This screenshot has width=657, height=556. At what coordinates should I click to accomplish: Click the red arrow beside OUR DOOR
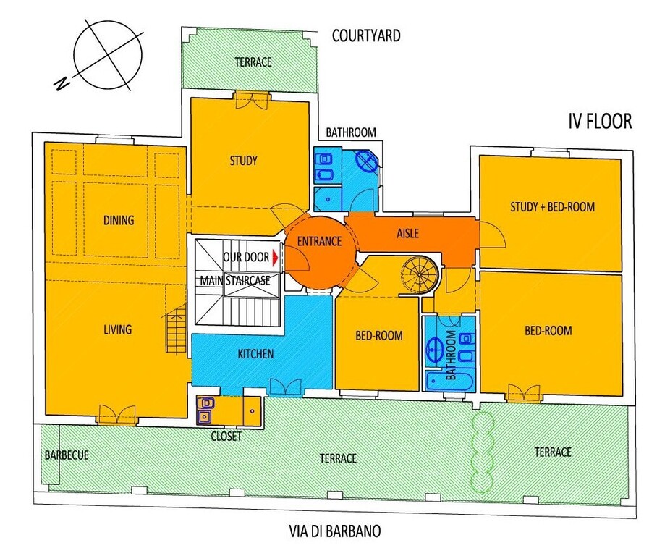pyautogui.click(x=275, y=258)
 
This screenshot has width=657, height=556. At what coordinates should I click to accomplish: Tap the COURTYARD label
pyautogui.click(x=366, y=35)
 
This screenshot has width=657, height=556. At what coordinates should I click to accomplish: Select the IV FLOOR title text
pyautogui.click(x=600, y=122)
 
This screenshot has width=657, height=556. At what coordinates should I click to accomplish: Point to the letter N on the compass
pyautogui.click(x=62, y=83)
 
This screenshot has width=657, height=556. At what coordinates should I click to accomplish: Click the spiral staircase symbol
pyautogui.click(x=420, y=274)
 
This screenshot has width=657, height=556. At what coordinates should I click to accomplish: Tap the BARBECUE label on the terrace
pyautogui.click(x=67, y=455)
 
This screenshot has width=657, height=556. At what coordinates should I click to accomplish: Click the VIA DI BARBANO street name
pyautogui.click(x=335, y=531)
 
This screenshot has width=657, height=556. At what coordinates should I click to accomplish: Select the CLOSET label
pyautogui.click(x=226, y=437)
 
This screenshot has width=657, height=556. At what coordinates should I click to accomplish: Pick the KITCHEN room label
pyautogui.click(x=255, y=354)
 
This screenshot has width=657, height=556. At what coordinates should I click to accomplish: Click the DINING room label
pyautogui.click(x=119, y=220)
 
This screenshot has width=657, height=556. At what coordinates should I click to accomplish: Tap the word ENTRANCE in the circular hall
pyautogui.click(x=320, y=241)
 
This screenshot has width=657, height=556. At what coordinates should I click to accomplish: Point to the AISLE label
pyautogui.click(x=407, y=233)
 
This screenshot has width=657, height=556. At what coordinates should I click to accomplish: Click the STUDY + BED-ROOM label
pyautogui.click(x=552, y=207)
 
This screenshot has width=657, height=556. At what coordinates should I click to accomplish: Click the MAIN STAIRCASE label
pyautogui.click(x=235, y=280)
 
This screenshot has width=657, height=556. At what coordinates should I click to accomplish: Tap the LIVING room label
pyautogui.click(x=118, y=329)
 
